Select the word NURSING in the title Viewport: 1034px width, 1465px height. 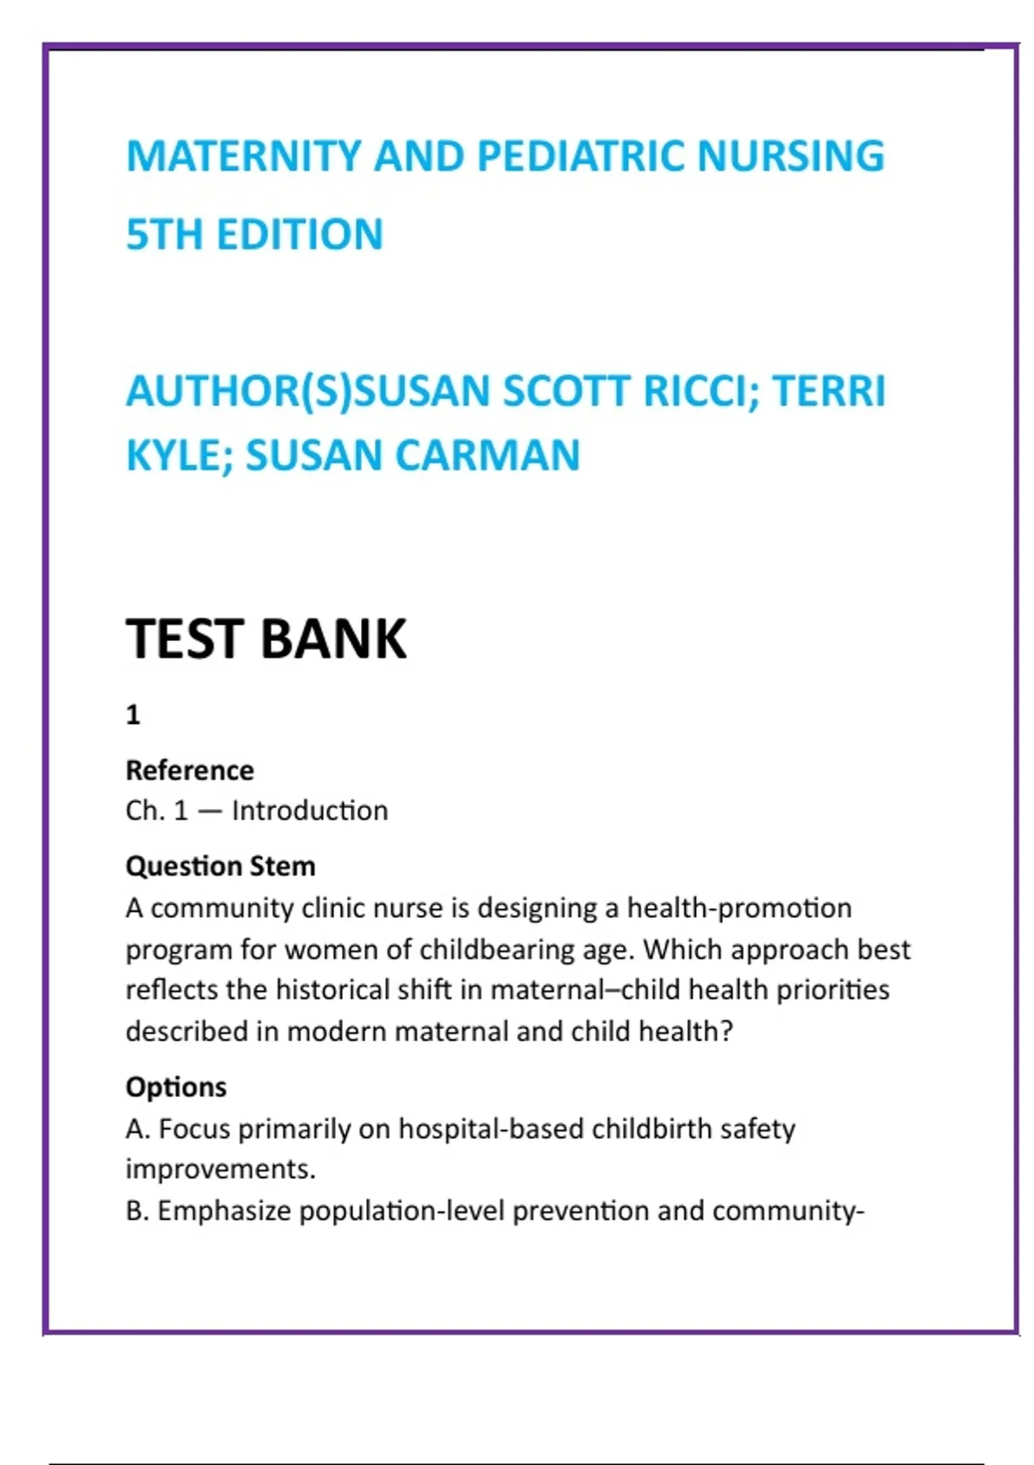790,157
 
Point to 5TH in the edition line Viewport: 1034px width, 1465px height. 164,234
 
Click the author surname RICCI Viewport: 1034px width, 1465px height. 695,391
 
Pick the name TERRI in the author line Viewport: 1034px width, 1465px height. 828,391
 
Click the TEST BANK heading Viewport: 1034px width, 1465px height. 265,639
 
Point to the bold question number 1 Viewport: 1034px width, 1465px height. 133,714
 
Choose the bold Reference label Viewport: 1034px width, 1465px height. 190,770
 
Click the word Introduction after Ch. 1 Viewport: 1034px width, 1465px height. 309,811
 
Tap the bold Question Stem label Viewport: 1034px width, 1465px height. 221,866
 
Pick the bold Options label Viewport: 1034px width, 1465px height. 176,1088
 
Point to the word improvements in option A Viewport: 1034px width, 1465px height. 219,1169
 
